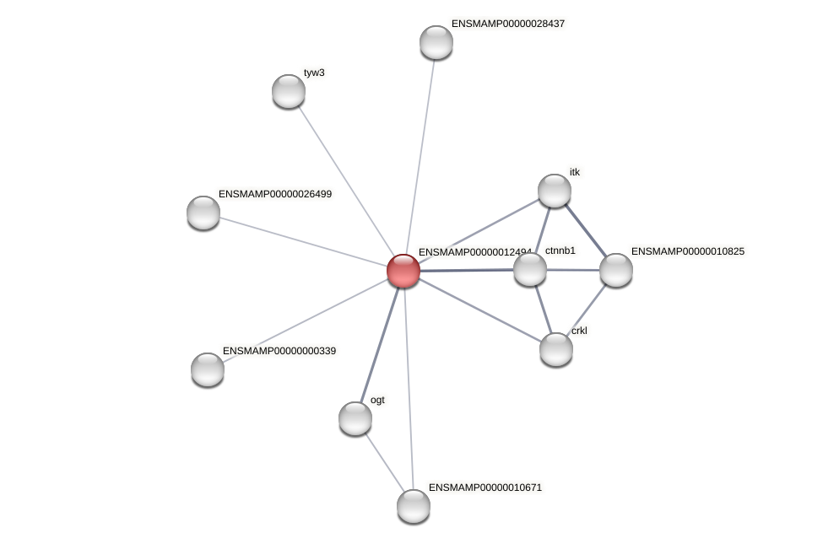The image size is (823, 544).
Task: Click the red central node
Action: pos(403,271)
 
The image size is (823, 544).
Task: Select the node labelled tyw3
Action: pos(289,91)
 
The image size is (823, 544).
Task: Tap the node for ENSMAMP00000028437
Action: pos(436,42)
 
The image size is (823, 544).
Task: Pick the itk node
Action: pos(555,191)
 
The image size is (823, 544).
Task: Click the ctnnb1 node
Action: pos(530,269)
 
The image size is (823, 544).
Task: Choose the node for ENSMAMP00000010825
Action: pos(616,270)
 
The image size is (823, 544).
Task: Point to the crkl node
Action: pos(556,349)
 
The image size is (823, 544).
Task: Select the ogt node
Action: pos(355,418)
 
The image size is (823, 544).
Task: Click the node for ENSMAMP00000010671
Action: pos(414,506)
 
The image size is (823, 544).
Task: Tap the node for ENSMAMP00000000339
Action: pos(208,369)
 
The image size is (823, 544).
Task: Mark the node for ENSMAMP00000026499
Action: pos(203,213)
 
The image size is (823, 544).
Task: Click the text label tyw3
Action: pos(314,73)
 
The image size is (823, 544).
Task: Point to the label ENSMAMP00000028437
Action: pos(508,24)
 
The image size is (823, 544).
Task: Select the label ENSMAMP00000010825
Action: pos(688,251)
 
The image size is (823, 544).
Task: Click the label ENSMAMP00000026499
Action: pos(275,194)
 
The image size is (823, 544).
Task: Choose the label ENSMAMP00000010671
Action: pos(485,487)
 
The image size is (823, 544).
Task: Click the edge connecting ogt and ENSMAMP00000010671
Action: pos(384,462)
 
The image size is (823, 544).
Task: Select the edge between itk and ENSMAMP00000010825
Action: pos(586,230)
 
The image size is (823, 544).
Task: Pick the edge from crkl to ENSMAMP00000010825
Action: pos(587,310)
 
